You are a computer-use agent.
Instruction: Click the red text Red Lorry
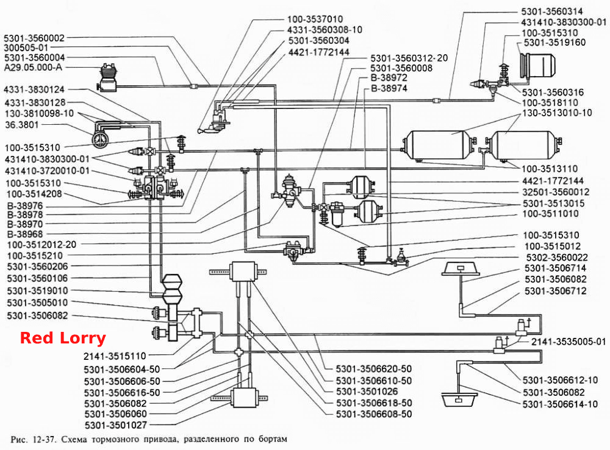click(63, 338)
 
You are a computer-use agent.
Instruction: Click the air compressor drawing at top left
click(107, 78)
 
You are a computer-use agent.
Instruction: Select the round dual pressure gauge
click(99, 139)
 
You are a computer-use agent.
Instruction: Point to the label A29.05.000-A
click(33, 68)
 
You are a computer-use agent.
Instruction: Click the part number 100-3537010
click(315, 19)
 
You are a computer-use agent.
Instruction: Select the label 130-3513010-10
click(557, 113)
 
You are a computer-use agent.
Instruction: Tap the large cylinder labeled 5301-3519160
click(537, 65)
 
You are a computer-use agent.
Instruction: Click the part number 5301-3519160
click(554, 43)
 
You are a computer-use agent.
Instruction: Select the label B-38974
click(389, 88)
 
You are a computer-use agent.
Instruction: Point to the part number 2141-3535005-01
click(569, 342)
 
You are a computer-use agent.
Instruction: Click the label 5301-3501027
click(116, 425)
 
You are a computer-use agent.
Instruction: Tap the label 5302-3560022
click(557, 258)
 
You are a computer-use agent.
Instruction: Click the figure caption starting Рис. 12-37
click(149, 440)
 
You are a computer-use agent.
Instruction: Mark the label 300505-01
click(26, 47)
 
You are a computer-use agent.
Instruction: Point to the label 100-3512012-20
click(41, 245)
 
